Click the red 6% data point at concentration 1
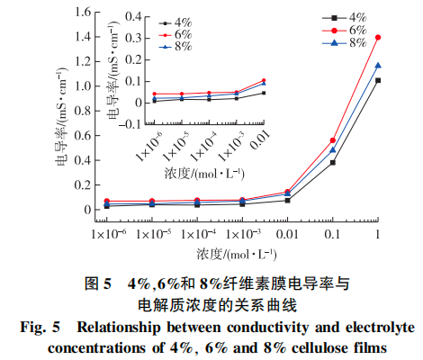click(x=378, y=38)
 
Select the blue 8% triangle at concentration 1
click(x=378, y=65)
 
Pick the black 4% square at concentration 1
click(x=378, y=80)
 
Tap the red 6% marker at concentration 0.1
click(x=333, y=140)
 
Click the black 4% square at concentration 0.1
click(x=333, y=162)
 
